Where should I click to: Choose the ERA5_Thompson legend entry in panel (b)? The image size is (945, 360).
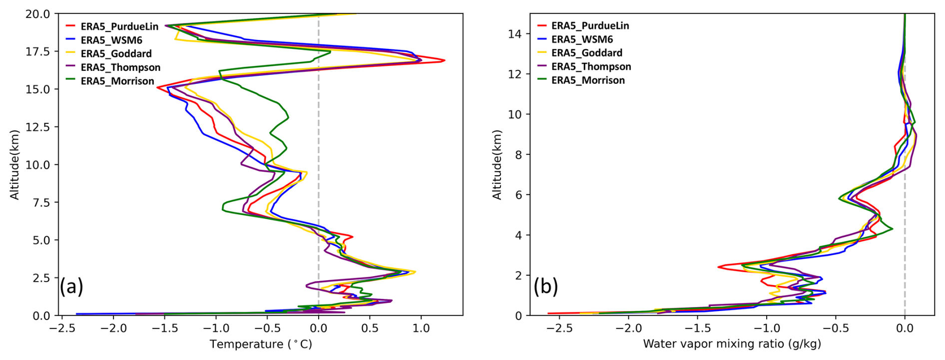(591, 66)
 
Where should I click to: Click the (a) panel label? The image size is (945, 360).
(71, 287)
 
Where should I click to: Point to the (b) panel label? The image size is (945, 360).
(545, 287)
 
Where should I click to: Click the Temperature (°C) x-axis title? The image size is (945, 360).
(261, 344)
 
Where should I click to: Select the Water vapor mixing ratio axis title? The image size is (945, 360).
(732, 344)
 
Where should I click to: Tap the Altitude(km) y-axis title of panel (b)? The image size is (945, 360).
(496, 165)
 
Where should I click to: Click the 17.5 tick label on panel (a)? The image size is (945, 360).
(38, 51)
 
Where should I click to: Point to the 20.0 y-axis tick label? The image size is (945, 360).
(38, 14)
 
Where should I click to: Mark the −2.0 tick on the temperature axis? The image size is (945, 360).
(112, 328)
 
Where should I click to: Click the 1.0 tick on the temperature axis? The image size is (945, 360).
(421, 328)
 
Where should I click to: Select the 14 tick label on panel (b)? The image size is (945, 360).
(515, 33)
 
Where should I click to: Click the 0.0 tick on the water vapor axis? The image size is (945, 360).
(905, 328)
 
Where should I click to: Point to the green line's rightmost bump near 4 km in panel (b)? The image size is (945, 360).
(892, 229)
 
